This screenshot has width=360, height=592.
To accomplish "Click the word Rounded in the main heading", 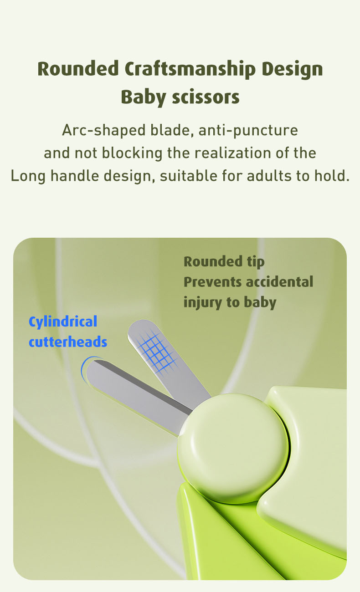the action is [x=78, y=69].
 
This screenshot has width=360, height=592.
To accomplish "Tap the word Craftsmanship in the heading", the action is [x=190, y=69].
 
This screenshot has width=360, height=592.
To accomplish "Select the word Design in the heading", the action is [x=292, y=69].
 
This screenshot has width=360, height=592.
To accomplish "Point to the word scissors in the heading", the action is [x=206, y=97].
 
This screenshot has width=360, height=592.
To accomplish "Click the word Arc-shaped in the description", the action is [x=104, y=130].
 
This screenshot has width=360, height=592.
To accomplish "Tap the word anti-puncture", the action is [x=248, y=130].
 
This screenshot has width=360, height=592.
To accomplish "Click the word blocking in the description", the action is [x=132, y=153].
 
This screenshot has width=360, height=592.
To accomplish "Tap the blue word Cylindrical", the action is [x=63, y=322].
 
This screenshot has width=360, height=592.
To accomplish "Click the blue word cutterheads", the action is [x=68, y=342].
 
